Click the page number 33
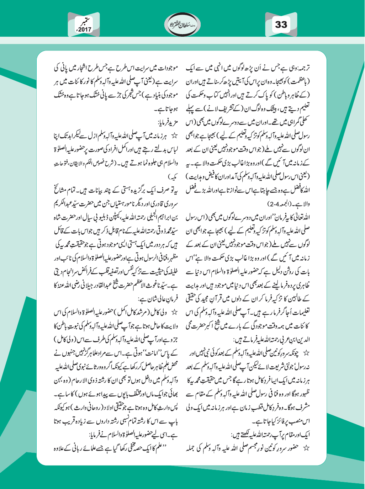click(x=281, y=25)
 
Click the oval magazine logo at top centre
click(x=182, y=25)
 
